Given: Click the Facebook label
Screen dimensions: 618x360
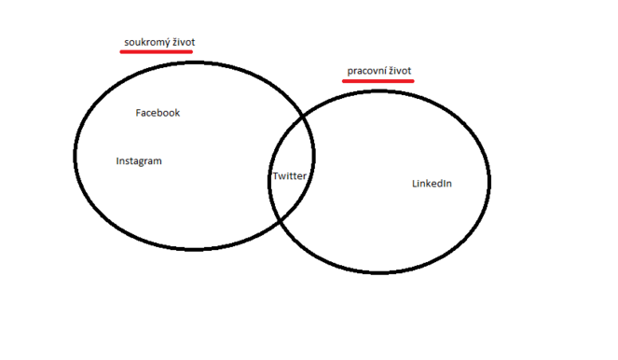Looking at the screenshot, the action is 158,113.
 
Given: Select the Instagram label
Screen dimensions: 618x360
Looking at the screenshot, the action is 139,161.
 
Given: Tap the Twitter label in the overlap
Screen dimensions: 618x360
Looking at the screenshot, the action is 289,176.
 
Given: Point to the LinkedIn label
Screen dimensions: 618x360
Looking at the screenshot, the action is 432,184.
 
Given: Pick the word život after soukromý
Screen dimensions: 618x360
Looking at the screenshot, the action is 183,42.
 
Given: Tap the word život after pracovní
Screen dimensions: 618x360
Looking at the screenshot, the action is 401,71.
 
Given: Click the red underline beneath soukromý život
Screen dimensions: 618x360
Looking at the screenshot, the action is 157,52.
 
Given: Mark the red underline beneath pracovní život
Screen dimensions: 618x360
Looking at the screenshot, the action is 378,81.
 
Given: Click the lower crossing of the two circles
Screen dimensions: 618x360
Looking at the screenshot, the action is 281,220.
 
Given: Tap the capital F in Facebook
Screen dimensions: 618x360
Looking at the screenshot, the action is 139,113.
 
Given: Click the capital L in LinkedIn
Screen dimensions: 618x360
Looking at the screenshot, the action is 415,184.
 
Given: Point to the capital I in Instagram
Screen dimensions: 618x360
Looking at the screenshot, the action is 117,161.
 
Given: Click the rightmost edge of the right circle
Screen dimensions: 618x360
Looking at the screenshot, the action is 489,182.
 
